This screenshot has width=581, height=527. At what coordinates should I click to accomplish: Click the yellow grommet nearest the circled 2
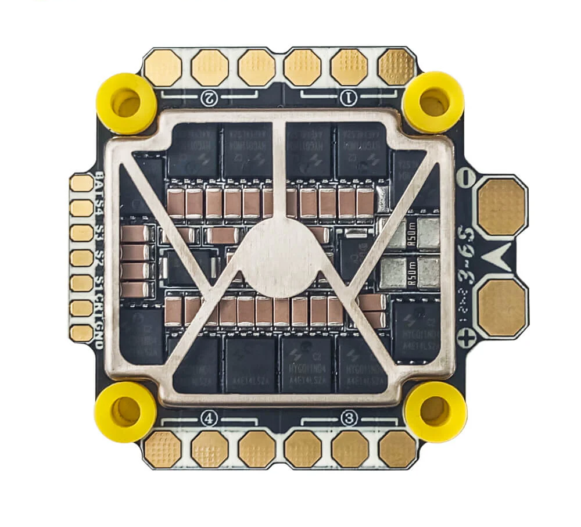(x=126, y=103)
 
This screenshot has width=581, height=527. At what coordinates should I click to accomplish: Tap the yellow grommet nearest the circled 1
(x=433, y=102)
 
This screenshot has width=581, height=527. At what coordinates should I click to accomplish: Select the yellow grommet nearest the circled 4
(x=125, y=411)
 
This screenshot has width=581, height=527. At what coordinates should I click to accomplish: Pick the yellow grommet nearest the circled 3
(x=435, y=411)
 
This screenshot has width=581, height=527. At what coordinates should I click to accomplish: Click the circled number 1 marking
(x=349, y=98)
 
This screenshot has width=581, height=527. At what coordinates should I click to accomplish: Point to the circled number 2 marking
(x=209, y=98)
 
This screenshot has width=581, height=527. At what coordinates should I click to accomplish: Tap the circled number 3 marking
(x=349, y=417)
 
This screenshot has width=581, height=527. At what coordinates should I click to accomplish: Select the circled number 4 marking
(x=209, y=417)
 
